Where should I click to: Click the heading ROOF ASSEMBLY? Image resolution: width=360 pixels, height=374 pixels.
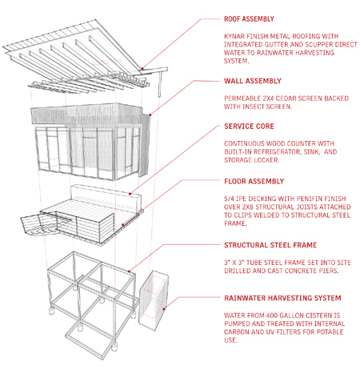tap(249, 19)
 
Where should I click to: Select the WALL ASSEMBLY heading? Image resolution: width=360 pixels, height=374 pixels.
tap(253, 81)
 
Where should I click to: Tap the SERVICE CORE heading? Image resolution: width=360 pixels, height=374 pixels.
tap(249, 127)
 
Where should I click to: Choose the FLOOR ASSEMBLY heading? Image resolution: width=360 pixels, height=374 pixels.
tap(254, 181)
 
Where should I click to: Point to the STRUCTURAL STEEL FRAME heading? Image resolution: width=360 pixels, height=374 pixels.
tap(270, 245)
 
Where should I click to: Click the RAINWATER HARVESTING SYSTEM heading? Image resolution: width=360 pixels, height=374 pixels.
tap(282, 298)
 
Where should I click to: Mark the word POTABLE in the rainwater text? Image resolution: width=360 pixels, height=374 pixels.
tap(329, 332)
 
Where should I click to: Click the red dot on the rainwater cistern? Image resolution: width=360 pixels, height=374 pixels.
tap(164, 309)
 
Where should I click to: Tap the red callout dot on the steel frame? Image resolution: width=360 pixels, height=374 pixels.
tap(129, 271)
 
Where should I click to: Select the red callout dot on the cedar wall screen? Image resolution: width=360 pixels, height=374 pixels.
tap(150, 115)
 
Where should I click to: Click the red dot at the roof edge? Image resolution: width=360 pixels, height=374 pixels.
tap(142, 69)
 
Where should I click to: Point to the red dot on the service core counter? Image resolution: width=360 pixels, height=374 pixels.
tap(130, 194)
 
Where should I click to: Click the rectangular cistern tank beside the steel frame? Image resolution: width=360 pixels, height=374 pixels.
tap(154, 300)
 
